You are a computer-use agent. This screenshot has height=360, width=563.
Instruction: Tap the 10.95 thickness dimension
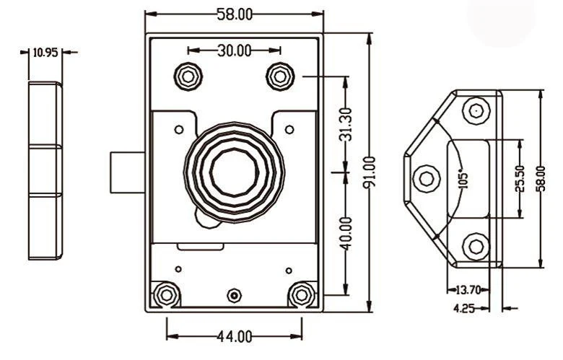[x=45, y=52]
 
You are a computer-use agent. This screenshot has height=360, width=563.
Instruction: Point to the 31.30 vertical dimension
[x=346, y=124]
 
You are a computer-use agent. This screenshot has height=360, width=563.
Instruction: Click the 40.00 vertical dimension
[x=346, y=233]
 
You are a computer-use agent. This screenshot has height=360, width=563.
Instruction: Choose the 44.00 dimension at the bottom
[x=235, y=336]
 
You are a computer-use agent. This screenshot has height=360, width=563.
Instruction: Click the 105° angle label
[x=463, y=177]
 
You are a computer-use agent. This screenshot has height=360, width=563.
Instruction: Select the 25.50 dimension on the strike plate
[x=520, y=177]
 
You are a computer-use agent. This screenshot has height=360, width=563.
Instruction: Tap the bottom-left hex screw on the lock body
[x=166, y=294]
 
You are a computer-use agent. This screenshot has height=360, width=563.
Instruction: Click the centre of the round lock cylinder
[x=234, y=172]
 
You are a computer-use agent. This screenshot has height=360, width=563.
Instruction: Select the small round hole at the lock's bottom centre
[x=233, y=295]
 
